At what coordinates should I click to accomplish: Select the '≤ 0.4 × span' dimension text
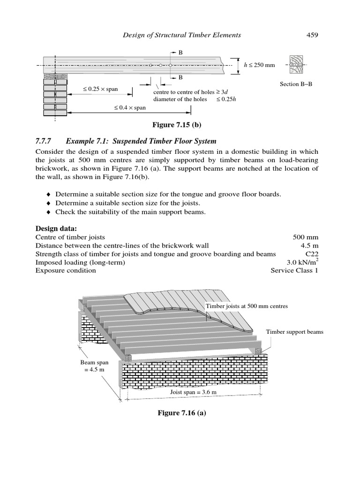coord(130,107)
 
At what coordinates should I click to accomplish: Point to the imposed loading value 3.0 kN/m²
coord(302,262)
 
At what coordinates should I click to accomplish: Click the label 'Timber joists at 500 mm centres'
coord(247,306)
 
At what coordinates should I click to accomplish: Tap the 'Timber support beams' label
coord(294,332)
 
